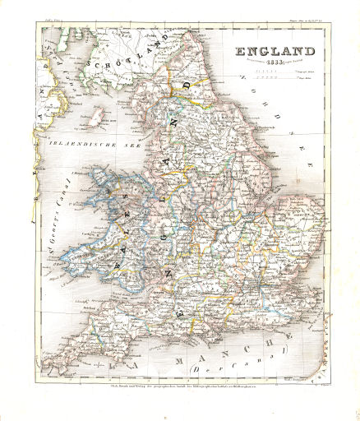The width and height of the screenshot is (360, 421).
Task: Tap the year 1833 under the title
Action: click(x=275, y=66)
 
